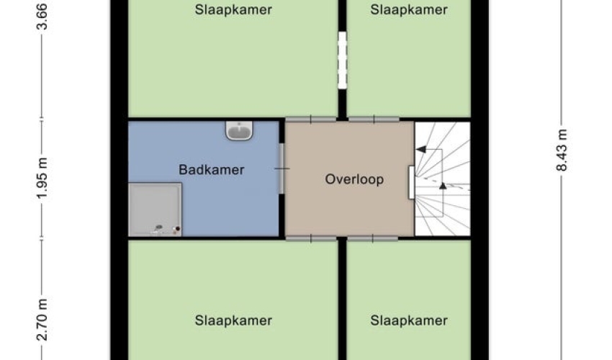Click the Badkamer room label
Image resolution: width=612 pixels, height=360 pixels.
click(211, 169)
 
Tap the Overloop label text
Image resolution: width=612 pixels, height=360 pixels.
click(354, 179)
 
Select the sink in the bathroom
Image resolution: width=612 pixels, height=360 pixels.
click(239, 130)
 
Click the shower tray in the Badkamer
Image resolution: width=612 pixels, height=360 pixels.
click(155, 210)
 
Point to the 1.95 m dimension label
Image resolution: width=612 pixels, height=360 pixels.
click(42, 178)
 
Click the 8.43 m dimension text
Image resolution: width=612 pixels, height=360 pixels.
click(562, 150)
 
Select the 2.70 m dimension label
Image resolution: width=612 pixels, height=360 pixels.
click(42, 320)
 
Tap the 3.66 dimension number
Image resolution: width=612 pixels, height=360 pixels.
click(42, 17)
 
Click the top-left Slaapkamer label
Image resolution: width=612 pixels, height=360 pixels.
click(233, 10)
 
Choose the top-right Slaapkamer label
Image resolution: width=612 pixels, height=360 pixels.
click(409, 10)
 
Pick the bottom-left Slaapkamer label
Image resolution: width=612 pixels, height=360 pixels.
click(233, 320)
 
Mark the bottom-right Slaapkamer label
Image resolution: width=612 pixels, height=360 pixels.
click(409, 320)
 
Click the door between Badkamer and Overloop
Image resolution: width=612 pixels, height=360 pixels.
click(282, 168)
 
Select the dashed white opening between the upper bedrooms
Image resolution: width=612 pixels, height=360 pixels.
click(342, 60)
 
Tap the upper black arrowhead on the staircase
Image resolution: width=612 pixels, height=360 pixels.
click(420, 149)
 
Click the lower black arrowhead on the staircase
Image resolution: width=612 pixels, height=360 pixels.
click(443, 186)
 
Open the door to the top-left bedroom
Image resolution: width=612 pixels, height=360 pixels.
click(311, 119)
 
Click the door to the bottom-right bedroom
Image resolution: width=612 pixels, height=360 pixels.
click(373, 238)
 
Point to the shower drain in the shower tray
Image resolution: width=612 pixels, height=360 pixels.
click(158, 228)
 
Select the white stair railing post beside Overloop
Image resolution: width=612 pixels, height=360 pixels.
click(411, 183)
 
